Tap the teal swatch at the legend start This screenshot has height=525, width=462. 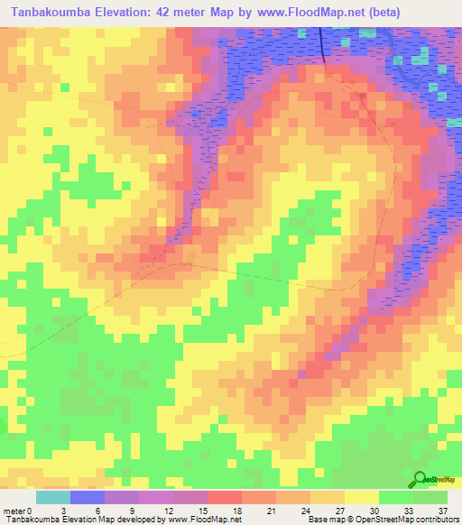coord(52,497)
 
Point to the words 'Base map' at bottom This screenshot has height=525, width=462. coord(324,520)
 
